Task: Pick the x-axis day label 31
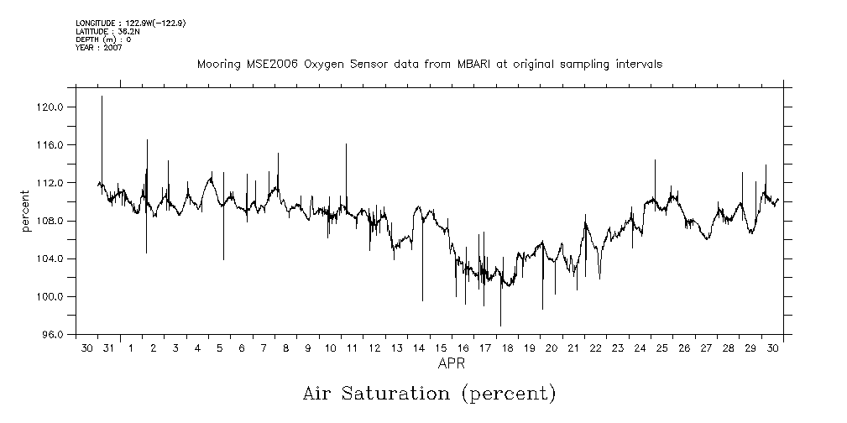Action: (x=108, y=348)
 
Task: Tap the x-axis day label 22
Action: (x=594, y=348)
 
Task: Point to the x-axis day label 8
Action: (x=285, y=348)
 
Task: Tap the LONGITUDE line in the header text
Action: (x=130, y=23)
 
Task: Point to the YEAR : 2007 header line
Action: (x=99, y=48)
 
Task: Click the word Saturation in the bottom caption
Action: (x=403, y=393)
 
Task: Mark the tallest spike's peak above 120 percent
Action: (x=102, y=97)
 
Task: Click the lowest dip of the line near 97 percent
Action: (x=500, y=325)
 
